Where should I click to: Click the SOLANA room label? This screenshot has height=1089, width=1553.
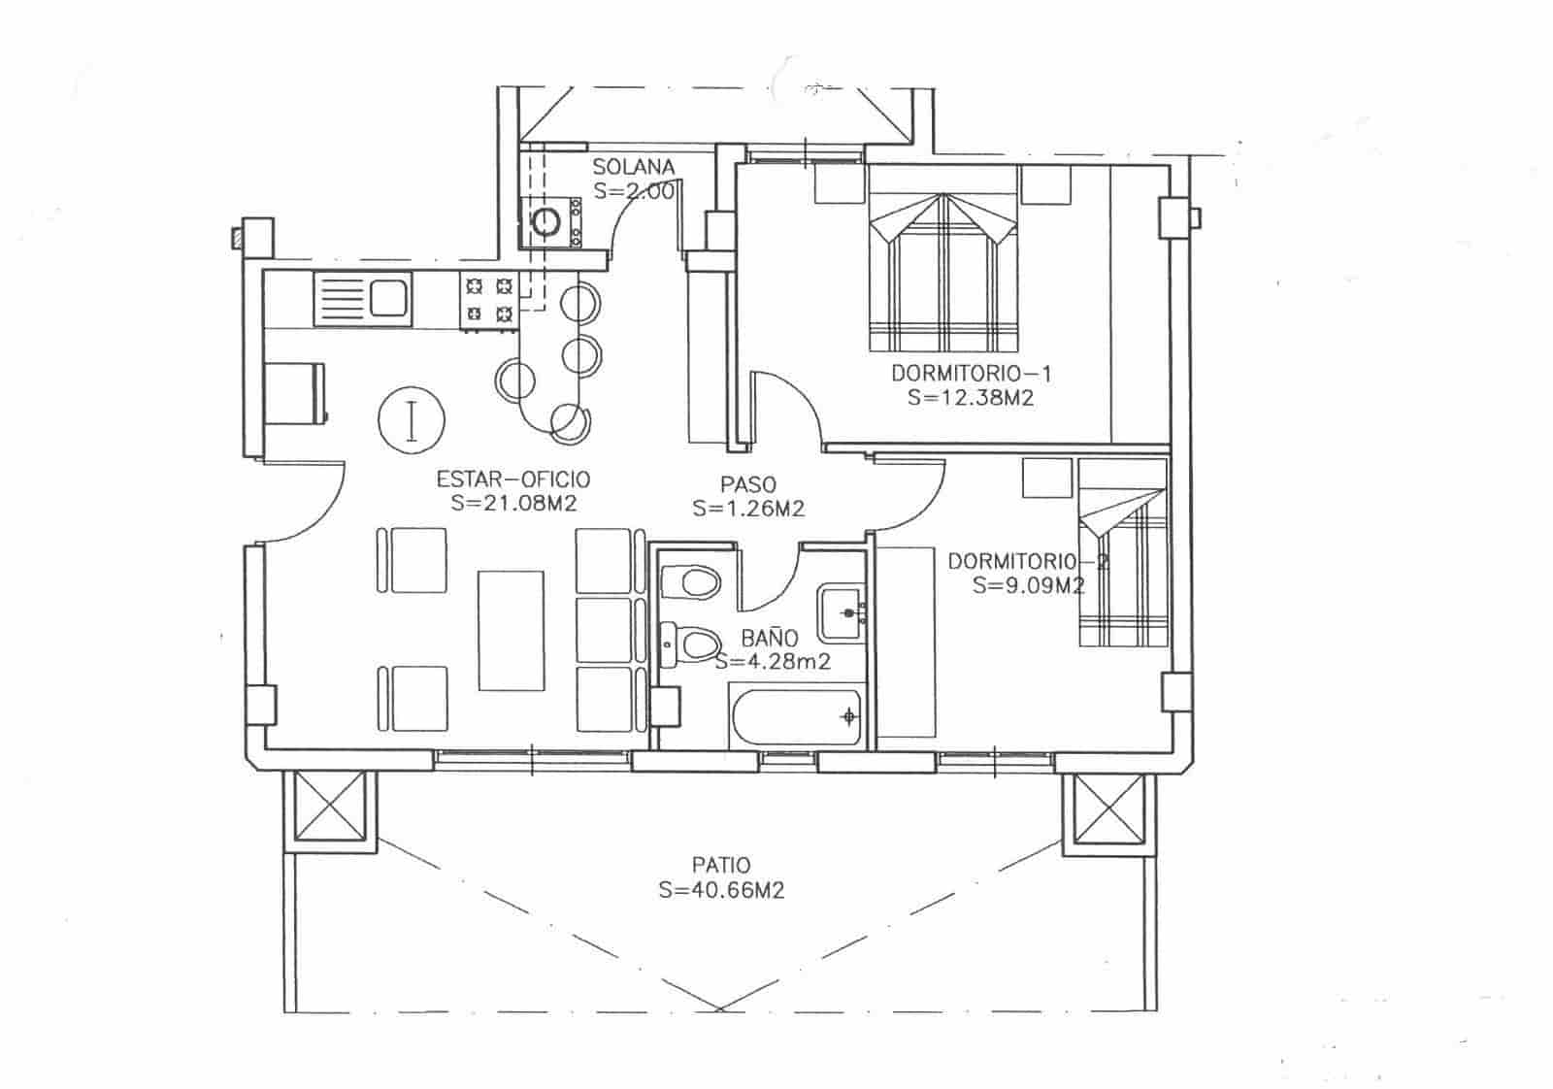point(633,167)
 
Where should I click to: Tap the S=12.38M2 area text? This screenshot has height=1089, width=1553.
point(971,397)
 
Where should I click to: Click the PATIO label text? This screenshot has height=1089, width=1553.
point(720,865)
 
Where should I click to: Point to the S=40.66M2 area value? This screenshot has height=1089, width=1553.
point(720,890)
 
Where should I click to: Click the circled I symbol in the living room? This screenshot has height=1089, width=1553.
point(411,419)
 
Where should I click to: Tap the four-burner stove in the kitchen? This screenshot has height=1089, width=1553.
point(489,300)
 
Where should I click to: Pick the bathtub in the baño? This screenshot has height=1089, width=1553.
point(795,718)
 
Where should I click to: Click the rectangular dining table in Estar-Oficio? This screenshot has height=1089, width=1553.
point(511,630)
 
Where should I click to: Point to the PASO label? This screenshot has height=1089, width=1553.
point(747,482)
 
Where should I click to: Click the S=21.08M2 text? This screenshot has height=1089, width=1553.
point(514,503)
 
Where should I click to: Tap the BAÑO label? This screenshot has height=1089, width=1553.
point(770,638)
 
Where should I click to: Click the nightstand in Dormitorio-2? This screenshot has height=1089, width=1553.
point(1044,478)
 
